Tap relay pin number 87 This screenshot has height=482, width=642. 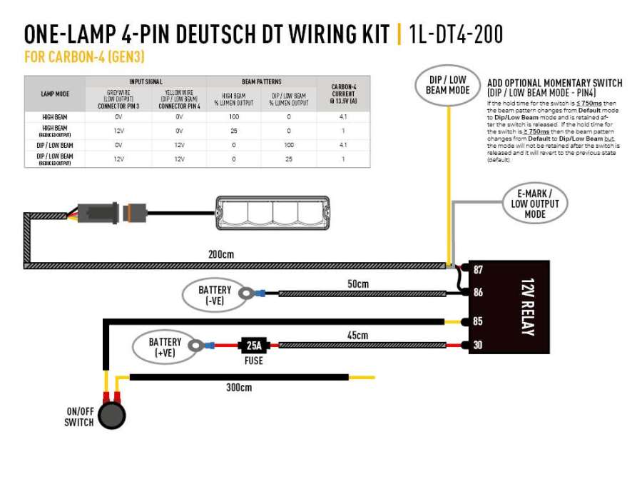point(477,270)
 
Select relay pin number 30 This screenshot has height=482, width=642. point(477,346)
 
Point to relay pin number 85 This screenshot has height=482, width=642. point(477,321)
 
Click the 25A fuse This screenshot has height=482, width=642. point(253,346)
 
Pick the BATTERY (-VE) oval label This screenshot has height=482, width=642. point(214,295)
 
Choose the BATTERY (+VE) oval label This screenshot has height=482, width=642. point(165,347)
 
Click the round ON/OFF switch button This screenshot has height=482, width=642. point(111,415)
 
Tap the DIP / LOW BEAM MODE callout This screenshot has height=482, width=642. point(447,85)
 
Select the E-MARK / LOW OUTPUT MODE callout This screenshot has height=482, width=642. point(535,204)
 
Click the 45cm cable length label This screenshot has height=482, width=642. point(357,335)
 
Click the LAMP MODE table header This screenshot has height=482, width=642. point(54,94)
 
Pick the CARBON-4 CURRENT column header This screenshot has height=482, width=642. point(344,94)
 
